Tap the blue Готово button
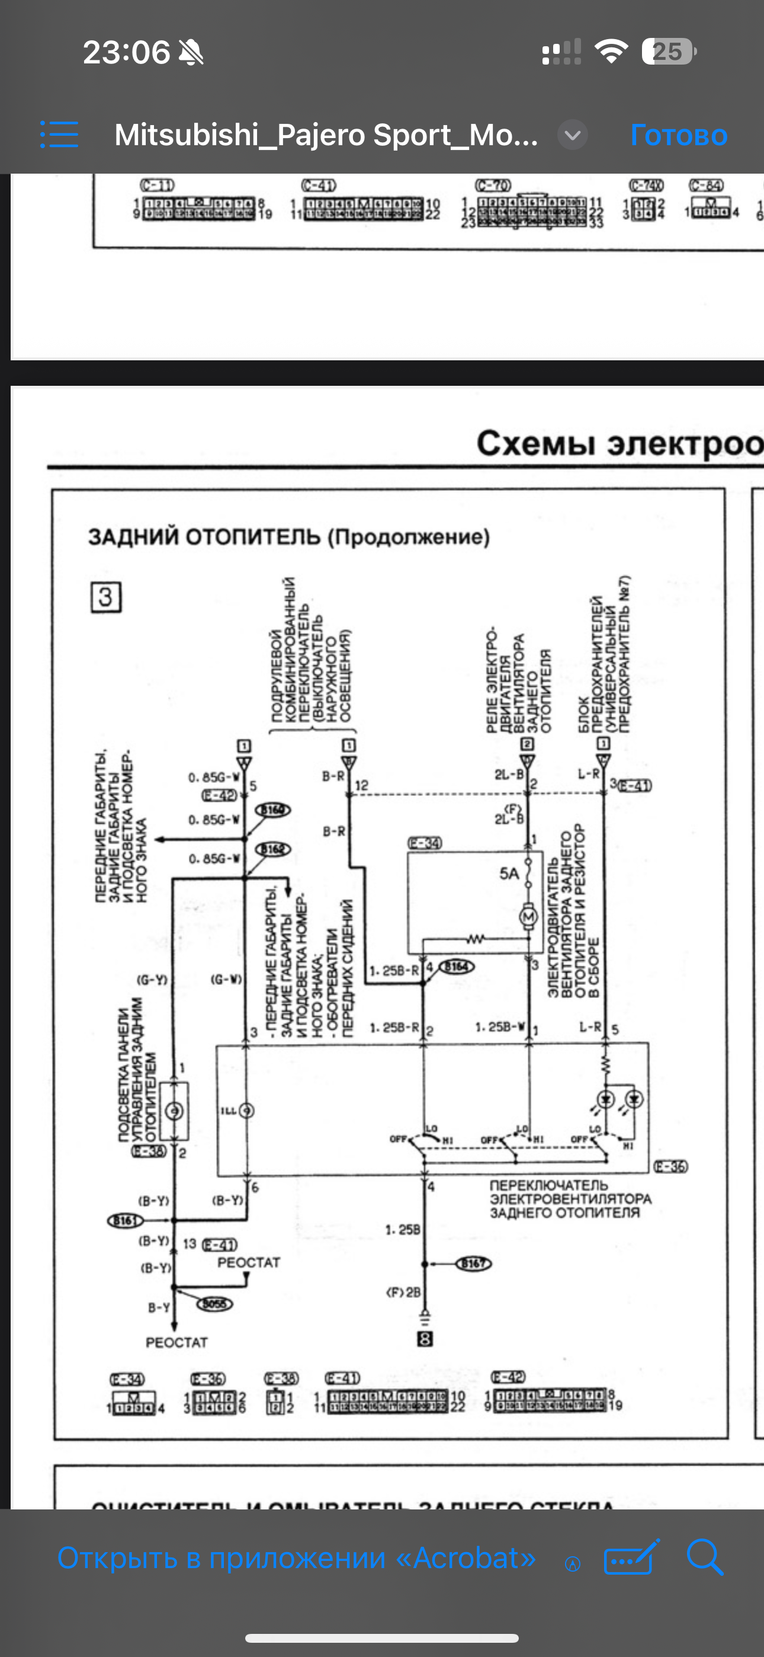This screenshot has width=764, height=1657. (x=679, y=135)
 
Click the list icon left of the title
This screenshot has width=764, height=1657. (x=59, y=135)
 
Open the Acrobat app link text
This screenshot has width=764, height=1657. (x=297, y=1558)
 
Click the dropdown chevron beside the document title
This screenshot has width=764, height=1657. (x=572, y=135)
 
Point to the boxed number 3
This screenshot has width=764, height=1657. (x=105, y=597)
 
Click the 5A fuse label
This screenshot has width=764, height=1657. (x=509, y=874)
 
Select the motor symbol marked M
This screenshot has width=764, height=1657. (x=529, y=916)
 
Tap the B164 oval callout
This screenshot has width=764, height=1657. (x=457, y=966)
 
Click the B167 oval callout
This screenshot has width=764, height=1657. (x=473, y=1263)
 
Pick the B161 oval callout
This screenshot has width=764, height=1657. (x=125, y=1220)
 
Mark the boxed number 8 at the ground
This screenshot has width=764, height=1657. (x=425, y=1339)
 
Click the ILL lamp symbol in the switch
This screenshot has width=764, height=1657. (x=246, y=1111)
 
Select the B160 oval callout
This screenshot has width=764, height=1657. (x=273, y=810)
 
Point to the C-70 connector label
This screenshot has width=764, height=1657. (x=493, y=185)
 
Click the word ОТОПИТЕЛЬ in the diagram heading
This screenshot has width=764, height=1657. (x=253, y=537)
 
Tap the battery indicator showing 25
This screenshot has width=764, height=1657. (x=668, y=52)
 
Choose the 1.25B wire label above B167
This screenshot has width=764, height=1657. (x=403, y=1229)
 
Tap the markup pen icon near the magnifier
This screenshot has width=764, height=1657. (x=631, y=1558)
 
